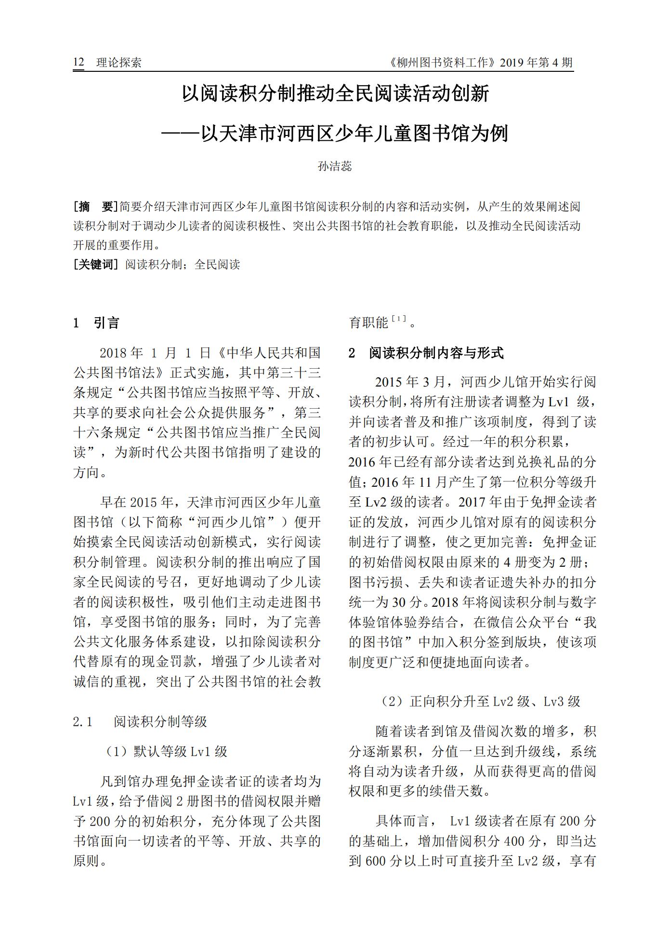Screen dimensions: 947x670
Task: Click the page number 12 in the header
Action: tap(79, 62)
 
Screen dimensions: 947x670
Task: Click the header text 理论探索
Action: tap(118, 63)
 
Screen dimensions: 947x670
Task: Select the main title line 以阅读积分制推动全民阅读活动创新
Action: tap(335, 93)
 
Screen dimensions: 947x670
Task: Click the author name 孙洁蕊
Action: tap(335, 166)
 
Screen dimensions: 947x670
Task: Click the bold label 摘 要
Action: tap(95, 207)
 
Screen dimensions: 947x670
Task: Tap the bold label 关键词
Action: tap(95, 265)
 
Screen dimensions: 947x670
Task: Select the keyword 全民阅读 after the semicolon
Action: tap(217, 265)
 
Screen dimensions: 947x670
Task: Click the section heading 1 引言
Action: tap(96, 323)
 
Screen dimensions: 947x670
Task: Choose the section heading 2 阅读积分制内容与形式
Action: tap(426, 353)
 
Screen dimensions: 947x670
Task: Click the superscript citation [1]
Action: tap(399, 319)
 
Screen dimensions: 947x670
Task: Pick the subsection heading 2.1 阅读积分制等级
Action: tap(140, 721)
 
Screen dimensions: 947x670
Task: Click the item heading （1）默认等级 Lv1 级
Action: tap(166, 751)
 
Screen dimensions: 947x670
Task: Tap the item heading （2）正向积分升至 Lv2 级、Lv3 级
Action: tap(480, 701)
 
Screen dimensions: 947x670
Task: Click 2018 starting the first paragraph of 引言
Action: tap(114, 353)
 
